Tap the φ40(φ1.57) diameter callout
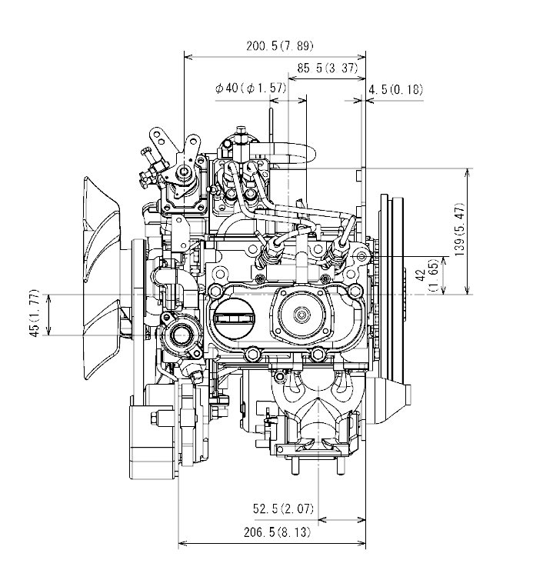pyautogui.click(x=251, y=88)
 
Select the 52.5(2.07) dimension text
pyautogui.click(x=284, y=508)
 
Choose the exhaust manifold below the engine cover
pyautogui.click(x=315, y=408)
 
